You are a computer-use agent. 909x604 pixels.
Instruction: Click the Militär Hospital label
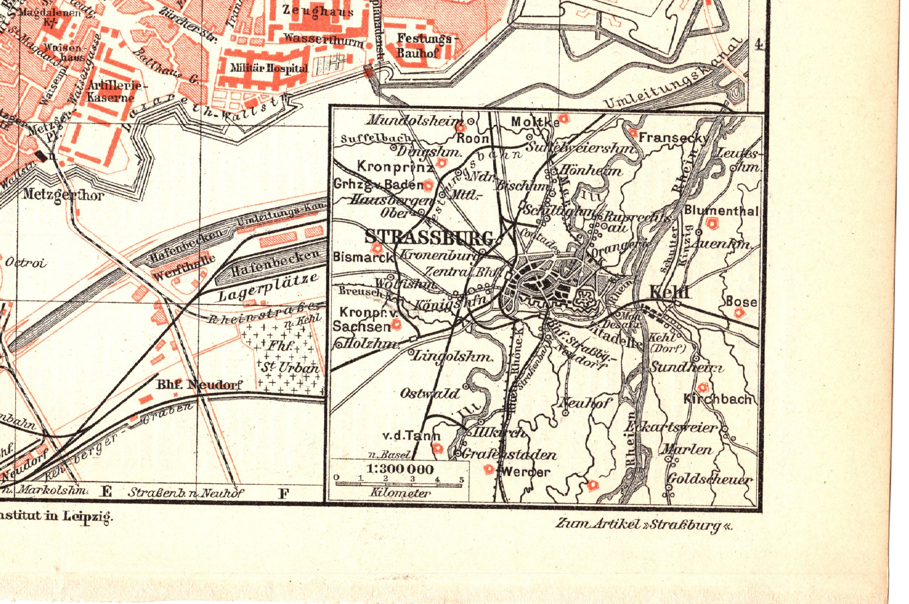click(269, 68)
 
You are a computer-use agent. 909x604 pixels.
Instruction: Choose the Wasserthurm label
click(324, 40)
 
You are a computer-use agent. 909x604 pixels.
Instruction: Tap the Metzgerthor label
click(63, 194)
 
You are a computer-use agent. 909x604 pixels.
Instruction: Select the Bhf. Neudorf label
click(199, 384)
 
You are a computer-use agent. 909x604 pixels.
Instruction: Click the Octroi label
click(26, 264)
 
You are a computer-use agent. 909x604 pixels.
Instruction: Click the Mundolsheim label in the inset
click(416, 120)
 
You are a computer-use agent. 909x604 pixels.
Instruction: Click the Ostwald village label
click(430, 393)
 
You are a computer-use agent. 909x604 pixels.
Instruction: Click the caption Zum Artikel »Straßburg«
click(643, 524)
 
